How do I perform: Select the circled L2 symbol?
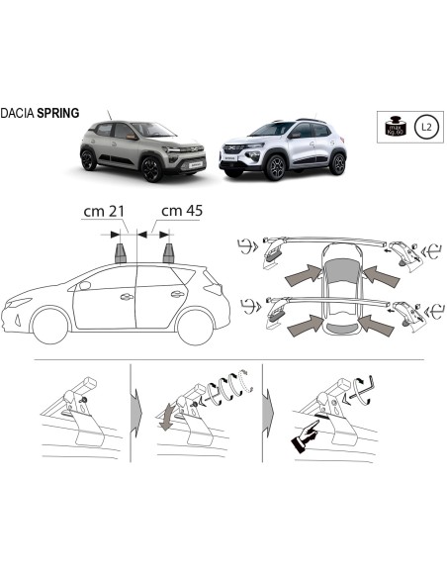[424, 127]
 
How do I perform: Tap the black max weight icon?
[394, 127]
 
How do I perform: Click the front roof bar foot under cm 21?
[124, 251]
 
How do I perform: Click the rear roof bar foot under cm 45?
[170, 251]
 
